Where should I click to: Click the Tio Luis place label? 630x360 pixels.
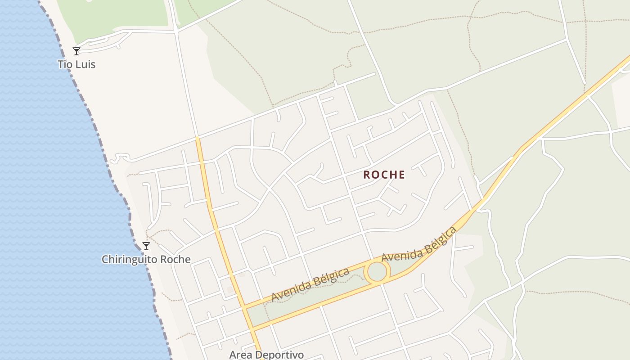pyautogui.click(x=76, y=64)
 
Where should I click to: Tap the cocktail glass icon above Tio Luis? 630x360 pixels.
pyautogui.click(x=76, y=51)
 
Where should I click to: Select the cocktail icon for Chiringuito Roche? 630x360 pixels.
pyautogui.click(x=146, y=246)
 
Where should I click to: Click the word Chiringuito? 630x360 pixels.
pyautogui.click(x=128, y=260)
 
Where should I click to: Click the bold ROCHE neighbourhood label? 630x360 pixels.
pyautogui.click(x=384, y=175)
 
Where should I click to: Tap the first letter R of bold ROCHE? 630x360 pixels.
pyautogui.click(x=367, y=175)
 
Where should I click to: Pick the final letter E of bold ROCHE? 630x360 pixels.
pyautogui.click(x=401, y=175)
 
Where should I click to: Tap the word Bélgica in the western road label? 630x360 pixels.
pyautogui.click(x=331, y=276)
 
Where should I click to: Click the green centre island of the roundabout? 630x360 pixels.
pyautogui.click(x=377, y=272)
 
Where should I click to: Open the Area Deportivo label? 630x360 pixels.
pyautogui.click(x=266, y=355)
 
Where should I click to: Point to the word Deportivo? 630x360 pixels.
pyautogui.click(x=281, y=355)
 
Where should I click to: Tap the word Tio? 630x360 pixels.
pyautogui.click(x=65, y=64)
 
